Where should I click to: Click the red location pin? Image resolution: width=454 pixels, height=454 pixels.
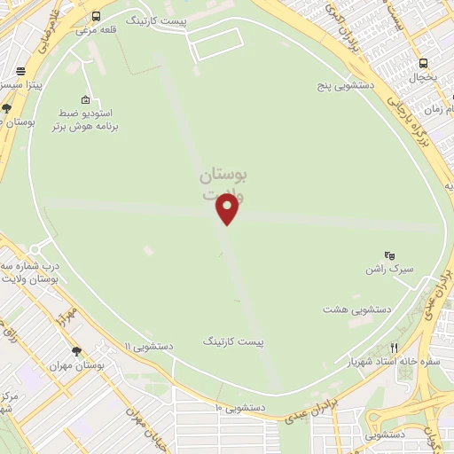(228, 207)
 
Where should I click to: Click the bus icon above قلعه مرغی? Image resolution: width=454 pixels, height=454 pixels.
(96, 16)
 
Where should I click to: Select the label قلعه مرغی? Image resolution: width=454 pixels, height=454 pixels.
(96, 29)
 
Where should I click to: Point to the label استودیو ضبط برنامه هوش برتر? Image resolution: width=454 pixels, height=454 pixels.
(86, 121)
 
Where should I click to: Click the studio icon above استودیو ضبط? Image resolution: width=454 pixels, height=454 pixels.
(85, 99)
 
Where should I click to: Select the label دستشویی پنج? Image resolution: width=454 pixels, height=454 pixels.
(348, 87)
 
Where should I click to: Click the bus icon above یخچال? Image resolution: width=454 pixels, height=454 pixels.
(424, 64)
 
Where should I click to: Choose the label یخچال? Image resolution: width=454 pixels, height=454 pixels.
(423, 78)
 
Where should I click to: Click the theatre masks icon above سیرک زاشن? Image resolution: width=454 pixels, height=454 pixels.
(389, 255)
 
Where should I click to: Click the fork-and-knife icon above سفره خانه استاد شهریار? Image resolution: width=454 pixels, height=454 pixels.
(394, 348)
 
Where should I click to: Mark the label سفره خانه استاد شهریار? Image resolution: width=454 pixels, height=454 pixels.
(394, 362)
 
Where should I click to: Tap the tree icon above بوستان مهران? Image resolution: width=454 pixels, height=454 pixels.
(76, 351)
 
